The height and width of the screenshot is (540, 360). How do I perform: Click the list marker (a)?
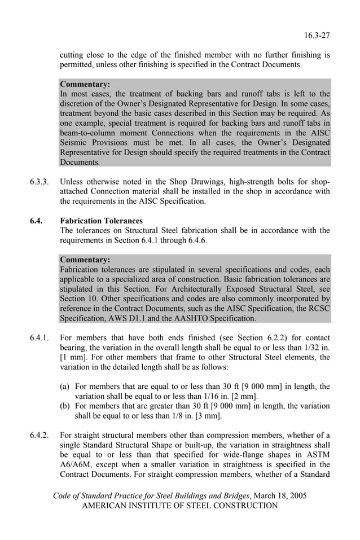pyautogui.click(x=65, y=387)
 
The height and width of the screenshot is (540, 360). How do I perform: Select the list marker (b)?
pyautogui.click(x=65, y=406)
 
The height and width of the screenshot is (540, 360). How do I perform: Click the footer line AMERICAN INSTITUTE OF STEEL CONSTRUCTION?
pyautogui.click(x=180, y=506)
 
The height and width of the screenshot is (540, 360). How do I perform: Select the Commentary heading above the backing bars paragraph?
pyautogui.click(x=85, y=84)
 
